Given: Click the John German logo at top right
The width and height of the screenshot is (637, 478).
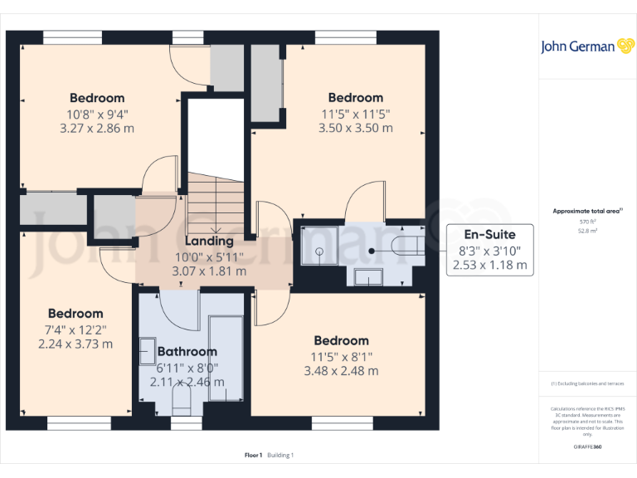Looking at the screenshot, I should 587,46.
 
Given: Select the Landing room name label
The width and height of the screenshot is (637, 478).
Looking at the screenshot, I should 208,241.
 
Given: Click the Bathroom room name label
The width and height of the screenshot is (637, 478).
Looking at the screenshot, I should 187,351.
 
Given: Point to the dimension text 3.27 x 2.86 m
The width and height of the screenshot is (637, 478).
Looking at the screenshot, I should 97,129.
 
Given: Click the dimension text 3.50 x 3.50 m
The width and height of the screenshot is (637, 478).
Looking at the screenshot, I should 355,129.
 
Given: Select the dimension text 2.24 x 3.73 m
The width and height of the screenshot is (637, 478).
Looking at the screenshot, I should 75,344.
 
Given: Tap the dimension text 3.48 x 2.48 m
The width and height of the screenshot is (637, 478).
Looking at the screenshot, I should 341,371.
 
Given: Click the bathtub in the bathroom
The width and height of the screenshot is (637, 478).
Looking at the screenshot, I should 226,358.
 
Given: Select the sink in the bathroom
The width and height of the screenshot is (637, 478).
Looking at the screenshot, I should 148,350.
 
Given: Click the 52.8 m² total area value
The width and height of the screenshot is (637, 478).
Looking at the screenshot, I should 587,232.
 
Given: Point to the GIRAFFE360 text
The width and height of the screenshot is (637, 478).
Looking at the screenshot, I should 588,447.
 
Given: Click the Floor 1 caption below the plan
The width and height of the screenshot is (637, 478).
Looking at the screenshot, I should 253,455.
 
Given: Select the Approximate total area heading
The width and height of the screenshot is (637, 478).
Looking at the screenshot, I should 587,212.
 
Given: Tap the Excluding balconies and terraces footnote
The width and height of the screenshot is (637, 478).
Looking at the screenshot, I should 587,383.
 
